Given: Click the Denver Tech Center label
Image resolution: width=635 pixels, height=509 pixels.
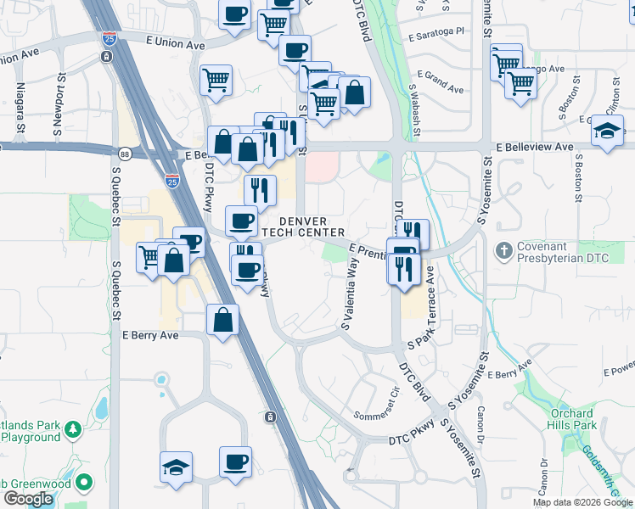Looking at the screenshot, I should [306, 227].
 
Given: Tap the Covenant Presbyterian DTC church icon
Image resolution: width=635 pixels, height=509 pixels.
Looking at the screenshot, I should [504, 250].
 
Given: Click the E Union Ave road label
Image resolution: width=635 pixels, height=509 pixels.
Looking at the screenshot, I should [176, 41].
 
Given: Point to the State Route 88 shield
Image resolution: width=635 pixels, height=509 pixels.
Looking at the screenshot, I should [125, 154].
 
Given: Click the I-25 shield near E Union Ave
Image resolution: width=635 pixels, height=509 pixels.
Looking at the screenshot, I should [108, 38].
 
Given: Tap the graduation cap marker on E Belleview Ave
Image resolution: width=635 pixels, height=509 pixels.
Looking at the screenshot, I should [608, 131].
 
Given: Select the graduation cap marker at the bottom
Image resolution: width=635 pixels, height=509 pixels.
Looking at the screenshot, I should [177, 467].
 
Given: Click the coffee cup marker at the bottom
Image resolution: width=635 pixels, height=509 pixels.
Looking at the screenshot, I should [236, 462].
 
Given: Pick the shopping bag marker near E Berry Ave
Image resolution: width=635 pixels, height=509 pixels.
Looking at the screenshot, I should [222, 321].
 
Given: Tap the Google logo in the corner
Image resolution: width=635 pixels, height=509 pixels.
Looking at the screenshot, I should [28, 499].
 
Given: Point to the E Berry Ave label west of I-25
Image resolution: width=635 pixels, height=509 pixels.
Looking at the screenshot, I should [150, 335].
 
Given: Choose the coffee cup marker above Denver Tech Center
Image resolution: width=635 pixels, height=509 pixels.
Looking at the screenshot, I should [241, 221].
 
